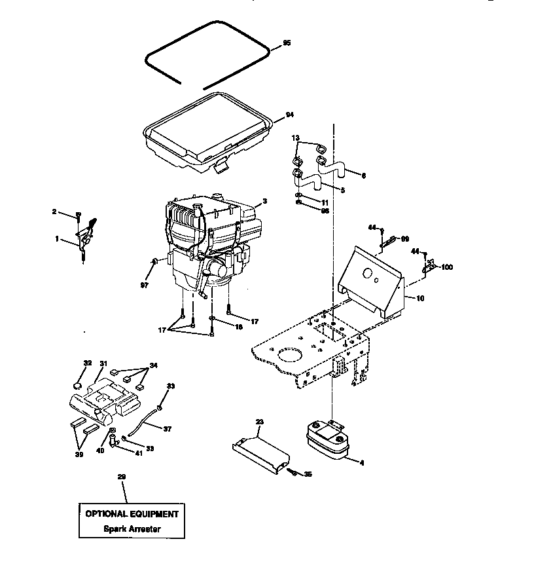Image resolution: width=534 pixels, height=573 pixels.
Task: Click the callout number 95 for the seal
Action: click(287, 43)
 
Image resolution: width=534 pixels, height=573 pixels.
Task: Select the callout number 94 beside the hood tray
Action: click(289, 116)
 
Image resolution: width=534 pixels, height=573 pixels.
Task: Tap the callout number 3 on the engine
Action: click(264, 201)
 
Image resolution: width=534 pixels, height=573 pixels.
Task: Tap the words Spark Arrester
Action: click(131, 528)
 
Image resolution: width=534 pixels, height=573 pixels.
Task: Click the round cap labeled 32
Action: click(78, 386)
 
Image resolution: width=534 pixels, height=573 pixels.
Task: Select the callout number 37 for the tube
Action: click(167, 429)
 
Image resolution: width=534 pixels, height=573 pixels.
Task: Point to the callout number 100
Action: click(447, 267)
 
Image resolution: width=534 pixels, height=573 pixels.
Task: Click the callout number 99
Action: click(404, 238)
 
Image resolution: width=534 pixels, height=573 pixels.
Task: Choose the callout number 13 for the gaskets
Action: click(295, 138)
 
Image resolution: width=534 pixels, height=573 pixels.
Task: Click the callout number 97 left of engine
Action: click(144, 286)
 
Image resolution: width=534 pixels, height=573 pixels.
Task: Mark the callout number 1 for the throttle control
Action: click(57, 240)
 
